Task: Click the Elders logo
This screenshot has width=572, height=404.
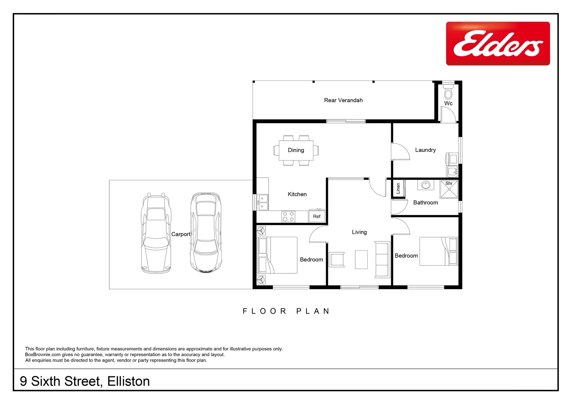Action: coord(498,43)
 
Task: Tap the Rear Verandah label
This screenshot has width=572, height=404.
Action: coord(343,100)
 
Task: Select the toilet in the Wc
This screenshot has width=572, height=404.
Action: coord(448,92)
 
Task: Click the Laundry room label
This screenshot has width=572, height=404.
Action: coord(425,150)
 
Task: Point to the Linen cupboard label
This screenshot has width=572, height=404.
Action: coord(398,188)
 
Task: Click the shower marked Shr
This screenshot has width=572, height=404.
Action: coord(449,189)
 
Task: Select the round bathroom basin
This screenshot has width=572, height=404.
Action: coord(425,185)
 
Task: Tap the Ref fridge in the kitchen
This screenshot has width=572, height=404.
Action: coord(317,216)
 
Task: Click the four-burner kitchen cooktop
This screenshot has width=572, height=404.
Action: coord(288,216)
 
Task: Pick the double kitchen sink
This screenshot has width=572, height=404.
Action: coord(262,202)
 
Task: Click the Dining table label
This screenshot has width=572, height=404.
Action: coord(296,150)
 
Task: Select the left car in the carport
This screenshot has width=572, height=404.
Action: coord(156,233)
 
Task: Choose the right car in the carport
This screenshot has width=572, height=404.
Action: coord(206,233)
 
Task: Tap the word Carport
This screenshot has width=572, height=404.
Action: coord(181,234)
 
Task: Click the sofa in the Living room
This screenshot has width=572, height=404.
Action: coord(382,260)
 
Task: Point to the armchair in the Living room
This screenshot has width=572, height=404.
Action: coord(337,259)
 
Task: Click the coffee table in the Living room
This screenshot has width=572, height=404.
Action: coord(361,259)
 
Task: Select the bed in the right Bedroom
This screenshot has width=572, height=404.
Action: coord(438,251)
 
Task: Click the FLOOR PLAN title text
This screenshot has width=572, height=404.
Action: coord(286,311)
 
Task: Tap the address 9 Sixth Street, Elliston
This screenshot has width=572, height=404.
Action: coord(85,381)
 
